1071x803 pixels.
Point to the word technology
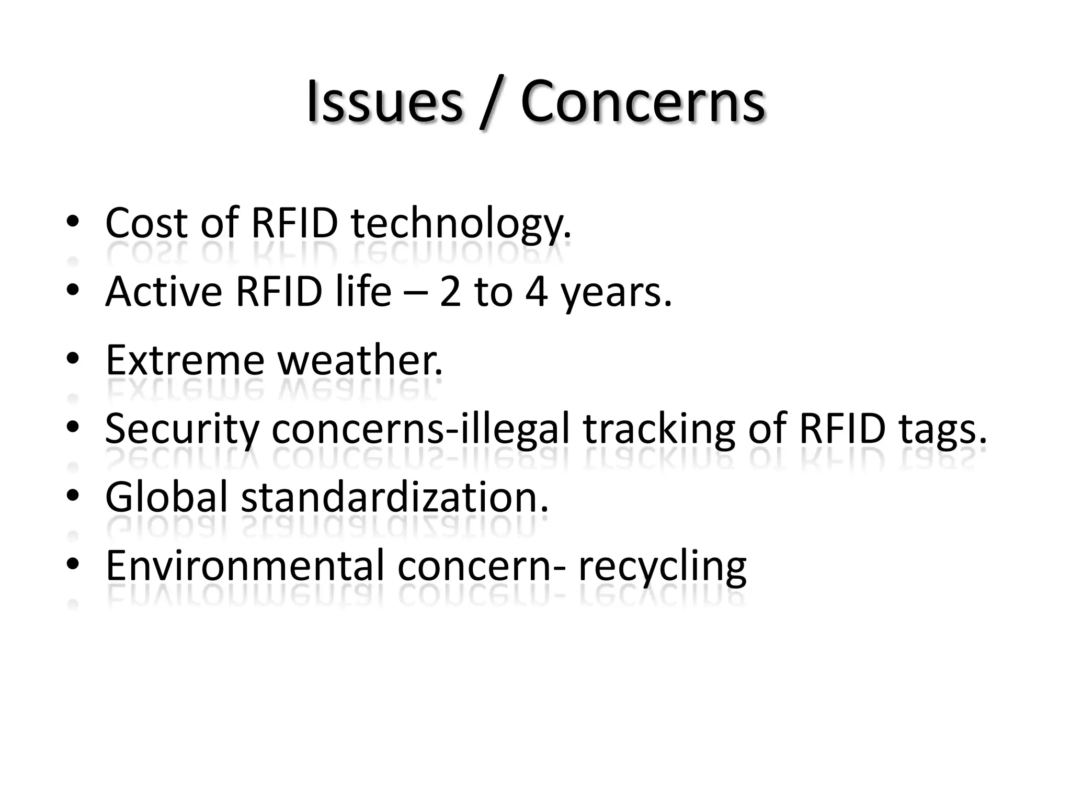[x=461, y=225]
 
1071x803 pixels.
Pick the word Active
[x=164, y=291]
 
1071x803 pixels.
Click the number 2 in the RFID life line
[x=450, y=292]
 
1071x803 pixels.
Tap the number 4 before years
[x=537, y=292]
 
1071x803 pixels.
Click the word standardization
[x=395, y=497]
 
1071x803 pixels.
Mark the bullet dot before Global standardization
[x=73, y=496]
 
